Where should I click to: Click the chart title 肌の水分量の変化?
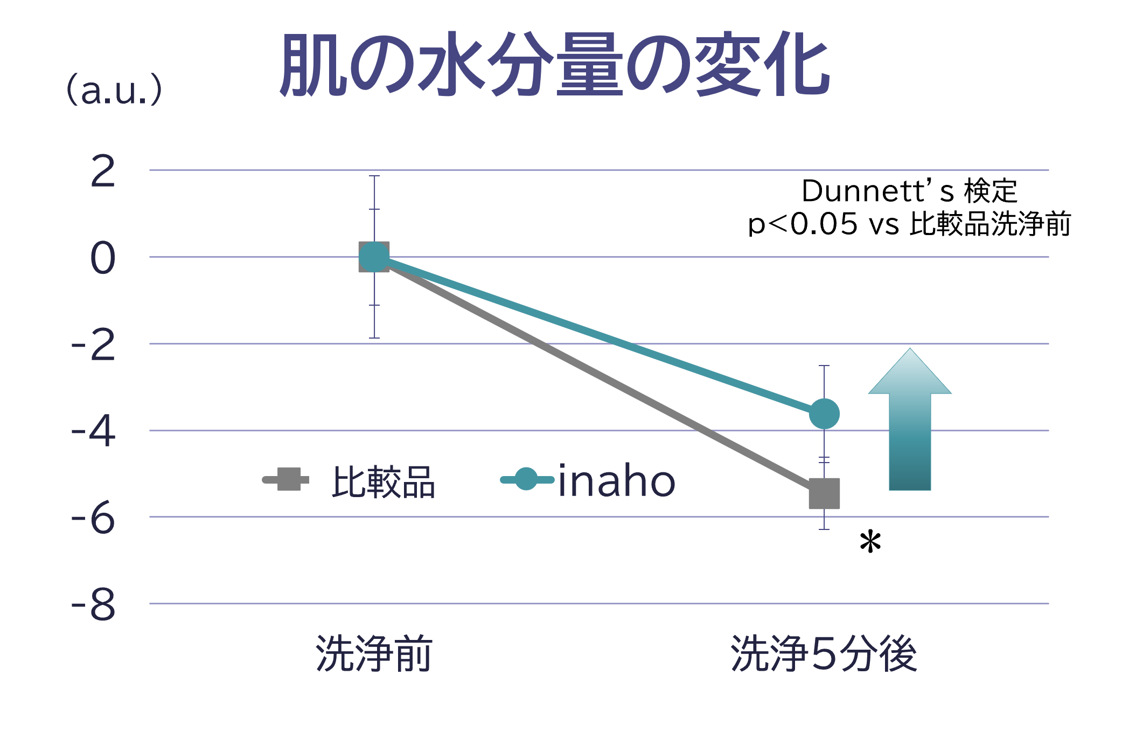coord(555,65)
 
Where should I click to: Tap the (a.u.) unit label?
coord(114,89)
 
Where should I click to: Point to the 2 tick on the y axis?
coord(103,171)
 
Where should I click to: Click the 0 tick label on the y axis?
coord(103,258)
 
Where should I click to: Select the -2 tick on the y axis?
coord(94,345)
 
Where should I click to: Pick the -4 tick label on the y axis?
coord(94,431)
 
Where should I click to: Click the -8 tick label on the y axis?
coord(94,605)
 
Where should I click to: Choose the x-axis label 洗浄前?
coord(374,653)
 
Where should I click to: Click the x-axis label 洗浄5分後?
coord(824,653)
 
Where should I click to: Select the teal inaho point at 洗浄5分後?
coord(824,414)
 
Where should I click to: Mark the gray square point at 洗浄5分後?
coord(824,493)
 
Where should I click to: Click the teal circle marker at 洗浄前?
coord(374,257)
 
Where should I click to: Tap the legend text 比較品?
coord(383,482)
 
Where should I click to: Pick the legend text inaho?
coord(616,481)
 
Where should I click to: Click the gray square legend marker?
coord(289,479)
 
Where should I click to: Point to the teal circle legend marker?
coord(526,479)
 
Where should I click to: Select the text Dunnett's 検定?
coord(909,191)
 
